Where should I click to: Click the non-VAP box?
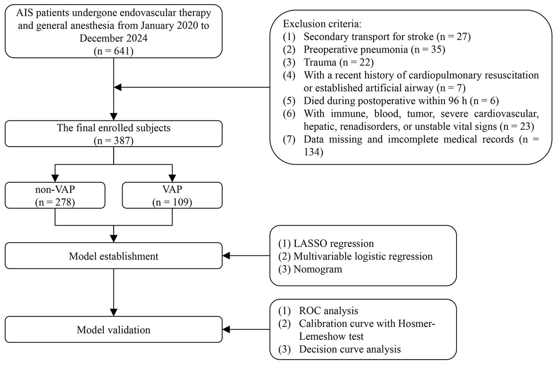click(55, 195)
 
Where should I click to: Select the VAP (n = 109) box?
click(172, 195)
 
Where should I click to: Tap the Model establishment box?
click(114, 256)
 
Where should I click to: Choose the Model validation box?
click(114, 329)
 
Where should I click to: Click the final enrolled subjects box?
click(114, 133)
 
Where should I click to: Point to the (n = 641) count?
click(114, 51)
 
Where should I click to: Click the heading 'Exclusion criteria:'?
click(322, 24)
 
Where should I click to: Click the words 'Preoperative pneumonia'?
click(355, 50)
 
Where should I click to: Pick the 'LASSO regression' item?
click(334, 244)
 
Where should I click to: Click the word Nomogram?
click(318, 269)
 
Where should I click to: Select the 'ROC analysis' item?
click(328, 311)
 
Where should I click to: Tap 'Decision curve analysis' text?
click(350, 349)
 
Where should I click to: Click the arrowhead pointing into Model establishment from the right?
click(226, 256)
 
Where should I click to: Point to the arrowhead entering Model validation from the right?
click(226, 330)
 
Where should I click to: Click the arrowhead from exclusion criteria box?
click(117, 87)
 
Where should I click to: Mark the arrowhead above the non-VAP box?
click(55, 178)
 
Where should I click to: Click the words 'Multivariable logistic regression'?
click(363, 257)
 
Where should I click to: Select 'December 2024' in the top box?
click(114, 38)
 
